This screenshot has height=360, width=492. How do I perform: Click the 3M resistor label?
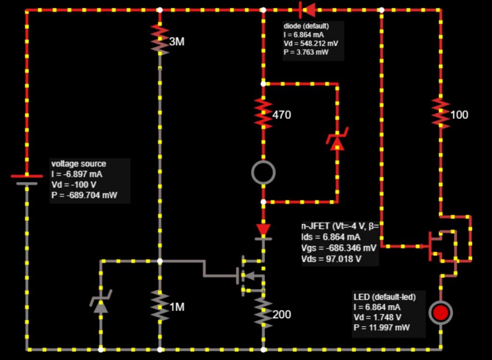coord(176,42)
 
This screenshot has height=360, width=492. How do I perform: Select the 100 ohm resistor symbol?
coord(441,113)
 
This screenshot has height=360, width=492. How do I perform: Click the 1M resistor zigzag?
coord(160,305)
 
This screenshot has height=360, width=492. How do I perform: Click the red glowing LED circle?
coord(441,312)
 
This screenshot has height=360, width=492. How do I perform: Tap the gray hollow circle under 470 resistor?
coord(263,172)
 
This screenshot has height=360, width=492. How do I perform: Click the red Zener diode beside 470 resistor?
coord(337,140)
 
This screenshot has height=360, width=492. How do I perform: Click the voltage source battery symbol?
coord(26,179)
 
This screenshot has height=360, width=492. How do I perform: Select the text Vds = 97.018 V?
coord(332,259)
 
